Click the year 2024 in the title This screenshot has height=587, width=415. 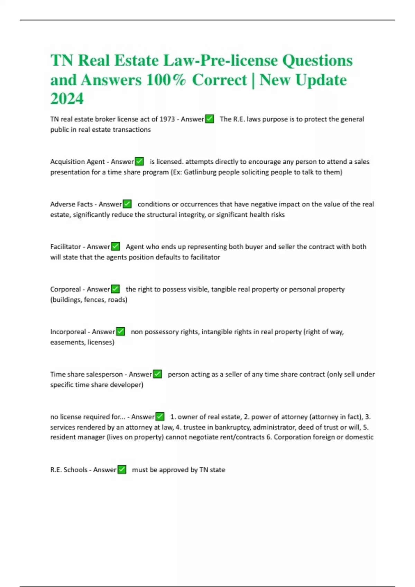67,99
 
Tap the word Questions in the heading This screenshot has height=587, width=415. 317,61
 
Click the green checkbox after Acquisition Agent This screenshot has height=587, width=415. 139,161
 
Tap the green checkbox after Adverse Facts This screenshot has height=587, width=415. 127,204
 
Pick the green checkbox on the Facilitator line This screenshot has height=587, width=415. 116,246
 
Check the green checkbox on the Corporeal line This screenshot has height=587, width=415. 116,289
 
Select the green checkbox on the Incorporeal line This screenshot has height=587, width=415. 120,331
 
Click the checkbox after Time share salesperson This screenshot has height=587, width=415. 157,374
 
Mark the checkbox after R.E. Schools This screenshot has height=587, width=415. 122,470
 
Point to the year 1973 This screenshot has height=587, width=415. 167,119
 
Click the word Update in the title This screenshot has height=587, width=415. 321,80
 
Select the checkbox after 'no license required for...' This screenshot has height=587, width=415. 160,416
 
